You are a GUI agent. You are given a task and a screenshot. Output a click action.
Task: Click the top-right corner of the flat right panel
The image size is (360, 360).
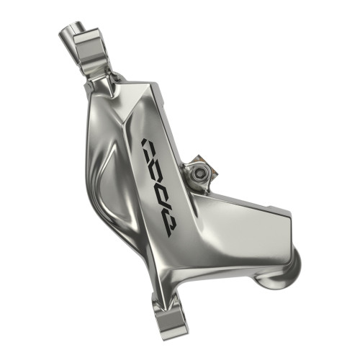[x=287, y=213]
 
